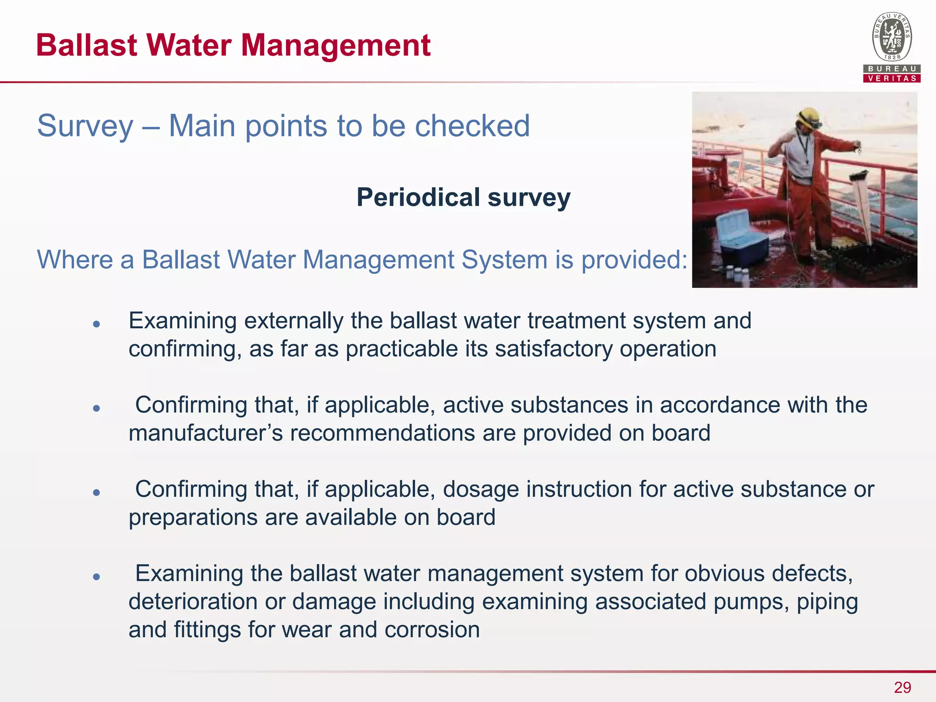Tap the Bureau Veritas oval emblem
(x=892, y=37)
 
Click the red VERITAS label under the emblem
(x=892, y=79)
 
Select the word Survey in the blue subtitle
(x=85, y=126)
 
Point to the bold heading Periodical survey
(x=463, y=197)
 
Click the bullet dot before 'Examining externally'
(x=96, y=324)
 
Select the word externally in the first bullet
(x=293, y=321)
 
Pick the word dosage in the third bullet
(x=481, y=489)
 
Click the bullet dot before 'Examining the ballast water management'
(x=96, y=577)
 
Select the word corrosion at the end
(x=432, y=630)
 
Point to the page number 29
(x=902, y=687)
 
